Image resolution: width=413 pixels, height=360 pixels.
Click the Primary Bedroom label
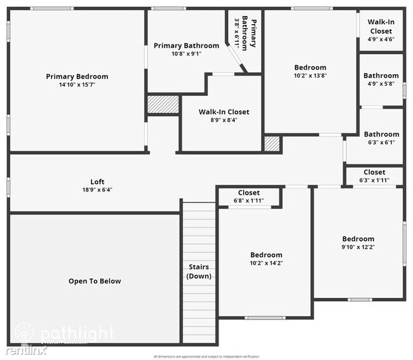coord(77,76)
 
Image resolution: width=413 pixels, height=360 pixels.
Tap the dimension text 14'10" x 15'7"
coord(77,85)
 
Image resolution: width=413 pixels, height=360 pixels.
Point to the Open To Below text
coord(95,281)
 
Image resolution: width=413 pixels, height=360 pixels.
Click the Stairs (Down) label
coord(199,272)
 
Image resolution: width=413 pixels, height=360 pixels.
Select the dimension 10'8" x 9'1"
coord(186,54)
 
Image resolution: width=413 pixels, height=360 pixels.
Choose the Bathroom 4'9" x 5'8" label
coord(381,79)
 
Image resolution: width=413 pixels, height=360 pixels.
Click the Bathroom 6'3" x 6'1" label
coord(381,138)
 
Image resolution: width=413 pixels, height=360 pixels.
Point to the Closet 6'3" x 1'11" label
coord(374,176)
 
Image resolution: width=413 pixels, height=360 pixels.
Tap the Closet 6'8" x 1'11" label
coord(248,197)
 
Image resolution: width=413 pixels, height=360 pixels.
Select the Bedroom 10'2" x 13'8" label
coord(310,71)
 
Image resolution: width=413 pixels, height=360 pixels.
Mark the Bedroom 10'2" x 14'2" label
coord(266,259)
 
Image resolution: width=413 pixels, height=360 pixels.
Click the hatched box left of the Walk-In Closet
coord(161,105)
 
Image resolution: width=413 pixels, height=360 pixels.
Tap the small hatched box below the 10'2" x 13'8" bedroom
coord(272,143)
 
